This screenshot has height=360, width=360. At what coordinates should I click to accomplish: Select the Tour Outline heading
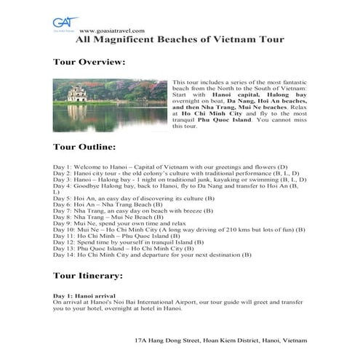pos(84,148)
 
